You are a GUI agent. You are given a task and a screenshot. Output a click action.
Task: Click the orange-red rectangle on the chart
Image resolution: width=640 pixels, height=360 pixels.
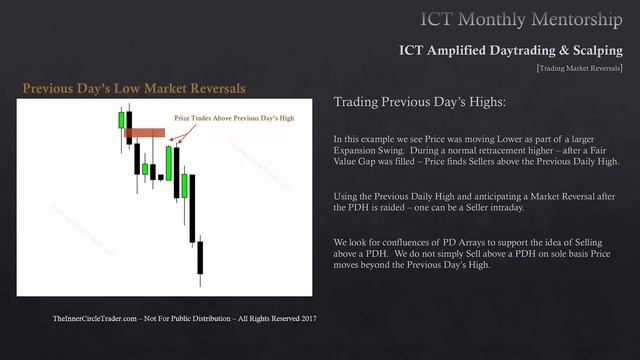tap(145, 132)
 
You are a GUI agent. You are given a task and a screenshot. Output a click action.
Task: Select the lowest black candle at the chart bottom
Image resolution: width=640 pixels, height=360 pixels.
tap(200, 257)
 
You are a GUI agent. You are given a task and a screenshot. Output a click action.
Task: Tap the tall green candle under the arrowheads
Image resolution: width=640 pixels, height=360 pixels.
tap(169, 162)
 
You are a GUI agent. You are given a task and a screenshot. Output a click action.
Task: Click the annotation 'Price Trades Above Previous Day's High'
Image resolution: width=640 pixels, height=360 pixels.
tap(233, 118)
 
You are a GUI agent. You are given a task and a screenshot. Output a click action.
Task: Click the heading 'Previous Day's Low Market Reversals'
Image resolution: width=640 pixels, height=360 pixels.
tap(134, 89)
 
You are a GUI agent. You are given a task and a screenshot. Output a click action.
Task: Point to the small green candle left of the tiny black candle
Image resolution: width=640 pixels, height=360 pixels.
tap(145, 169)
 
